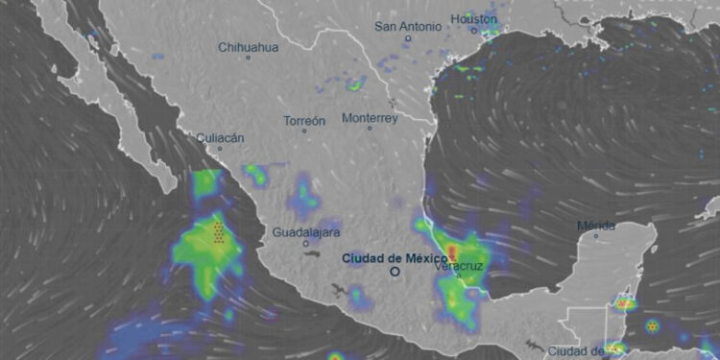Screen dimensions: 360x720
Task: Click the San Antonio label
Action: click(x=409, y=26)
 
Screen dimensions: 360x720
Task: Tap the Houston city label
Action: click(x=474, y=19)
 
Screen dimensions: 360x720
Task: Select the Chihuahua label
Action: click(x=248, y=46)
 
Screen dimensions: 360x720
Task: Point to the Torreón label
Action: click(x=304, y=121)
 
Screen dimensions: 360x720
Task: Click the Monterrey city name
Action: click(x=370, y=118)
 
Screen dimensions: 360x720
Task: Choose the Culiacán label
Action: click(x=220, y=137)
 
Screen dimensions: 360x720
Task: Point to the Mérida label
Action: click(x=595, y=226)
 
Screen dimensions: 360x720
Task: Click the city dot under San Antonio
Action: click(x=408, y=38)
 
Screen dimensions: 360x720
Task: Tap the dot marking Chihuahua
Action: click(x=248, y=58)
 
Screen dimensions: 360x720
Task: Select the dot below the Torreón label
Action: click(x=304, y=132)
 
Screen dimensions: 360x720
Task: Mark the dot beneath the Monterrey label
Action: click(x=370, y=129)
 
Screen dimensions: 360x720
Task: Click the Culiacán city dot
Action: click(x=220, y=149)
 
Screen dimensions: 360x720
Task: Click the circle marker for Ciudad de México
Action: click(x=394, y=272)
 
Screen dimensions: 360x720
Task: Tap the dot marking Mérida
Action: click(x=595, y=236)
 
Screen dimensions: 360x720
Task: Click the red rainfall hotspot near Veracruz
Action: click(x=451, y=252)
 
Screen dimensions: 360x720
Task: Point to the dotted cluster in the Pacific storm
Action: click(x=220, y=233)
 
